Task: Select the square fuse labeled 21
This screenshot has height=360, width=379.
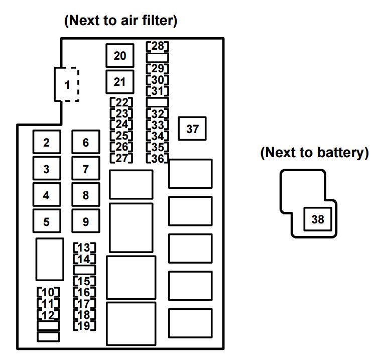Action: pos(120,82)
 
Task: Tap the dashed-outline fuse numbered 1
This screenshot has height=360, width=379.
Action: pos(67,84)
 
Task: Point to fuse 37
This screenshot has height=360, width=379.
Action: pos(192,129)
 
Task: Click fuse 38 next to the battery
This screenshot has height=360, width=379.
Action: pos(317,219)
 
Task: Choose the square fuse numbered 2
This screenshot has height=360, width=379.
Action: pos(47,142)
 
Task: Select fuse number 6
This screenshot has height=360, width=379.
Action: pos(86,142)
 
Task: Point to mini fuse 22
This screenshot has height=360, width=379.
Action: pos(121,102)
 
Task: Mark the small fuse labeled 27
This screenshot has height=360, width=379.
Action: pos(121,158)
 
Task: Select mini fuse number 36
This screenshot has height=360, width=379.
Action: pos(158,158)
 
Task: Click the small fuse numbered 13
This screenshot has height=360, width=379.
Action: pos(84,248)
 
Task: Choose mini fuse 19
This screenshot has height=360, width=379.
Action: pos(84,325)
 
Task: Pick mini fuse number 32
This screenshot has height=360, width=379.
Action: pos(158,113)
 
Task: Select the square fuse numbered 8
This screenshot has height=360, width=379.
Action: pos(86,195)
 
